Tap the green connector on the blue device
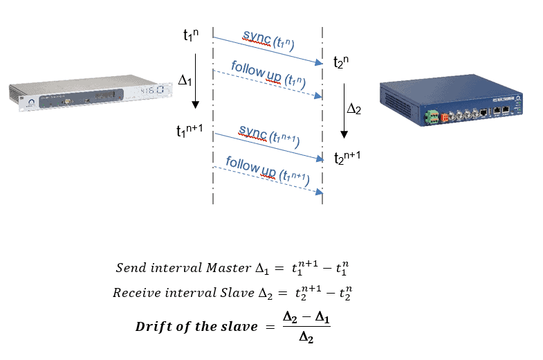point(432,115)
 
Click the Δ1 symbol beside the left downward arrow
point(185,81)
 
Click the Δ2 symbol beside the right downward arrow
point(353,109)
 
